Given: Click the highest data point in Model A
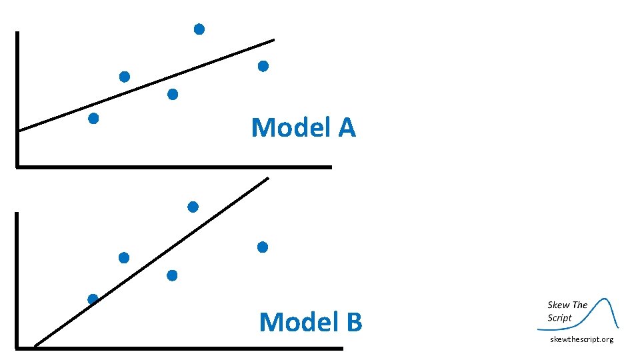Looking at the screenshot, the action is pos(199,29).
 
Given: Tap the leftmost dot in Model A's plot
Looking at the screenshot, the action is pos(93,119).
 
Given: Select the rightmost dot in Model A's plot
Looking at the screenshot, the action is pos(263,66).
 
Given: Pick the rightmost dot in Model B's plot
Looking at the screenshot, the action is pos(262,247).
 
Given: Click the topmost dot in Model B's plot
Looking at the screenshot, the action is pos(193,207).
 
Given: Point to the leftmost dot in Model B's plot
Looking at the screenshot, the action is pos(93,299).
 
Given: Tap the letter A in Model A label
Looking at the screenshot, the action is pos(347,127).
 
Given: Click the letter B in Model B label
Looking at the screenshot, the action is pos(353,322).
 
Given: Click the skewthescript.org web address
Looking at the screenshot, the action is pos(581,340).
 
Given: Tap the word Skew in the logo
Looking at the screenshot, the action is pos(559,305).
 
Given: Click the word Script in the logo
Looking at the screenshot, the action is pos(560,317).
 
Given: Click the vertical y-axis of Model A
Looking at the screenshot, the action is pos(17,100).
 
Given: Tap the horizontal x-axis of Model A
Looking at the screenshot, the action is pos(173,167).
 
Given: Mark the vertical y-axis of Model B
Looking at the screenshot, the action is pos(17,280).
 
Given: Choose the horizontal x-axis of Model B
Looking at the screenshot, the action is pos(180,347).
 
